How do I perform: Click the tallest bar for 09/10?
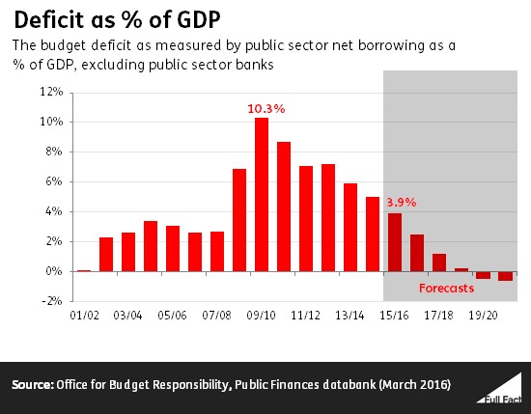262,194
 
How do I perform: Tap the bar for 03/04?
128,252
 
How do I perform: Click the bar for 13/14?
350,227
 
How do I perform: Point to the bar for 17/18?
439,262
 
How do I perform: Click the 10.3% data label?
266,109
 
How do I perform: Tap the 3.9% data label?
403,203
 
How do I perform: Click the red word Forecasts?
445,288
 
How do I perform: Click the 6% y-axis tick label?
53,181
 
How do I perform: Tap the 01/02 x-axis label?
84,315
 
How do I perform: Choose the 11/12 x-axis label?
306,315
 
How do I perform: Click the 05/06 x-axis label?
173,315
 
